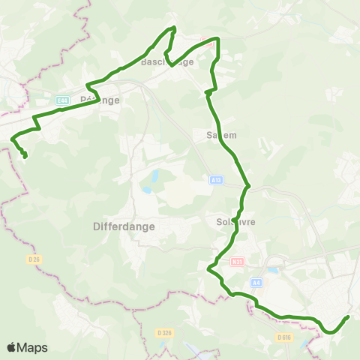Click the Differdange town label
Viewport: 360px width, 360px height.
[124, 225]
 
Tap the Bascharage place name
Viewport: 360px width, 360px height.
[167, 62]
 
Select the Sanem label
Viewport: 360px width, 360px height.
[221, 136]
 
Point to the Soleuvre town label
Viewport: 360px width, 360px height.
[226, 223]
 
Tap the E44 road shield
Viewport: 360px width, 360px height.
[62, 99]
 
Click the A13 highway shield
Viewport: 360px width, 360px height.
[215, 180]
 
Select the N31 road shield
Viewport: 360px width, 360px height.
[237, 262]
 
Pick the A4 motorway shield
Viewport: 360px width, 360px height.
[257, 283]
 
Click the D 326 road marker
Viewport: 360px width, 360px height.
[165, 332]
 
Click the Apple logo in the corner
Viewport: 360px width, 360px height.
[12, 347]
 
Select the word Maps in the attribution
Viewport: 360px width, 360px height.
[32, 347]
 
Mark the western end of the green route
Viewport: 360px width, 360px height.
[25, 156]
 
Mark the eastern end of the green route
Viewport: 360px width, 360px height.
[348, 317]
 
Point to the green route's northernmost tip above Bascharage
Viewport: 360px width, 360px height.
[174, 28]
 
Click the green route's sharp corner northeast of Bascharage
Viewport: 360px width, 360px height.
[217, 38]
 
